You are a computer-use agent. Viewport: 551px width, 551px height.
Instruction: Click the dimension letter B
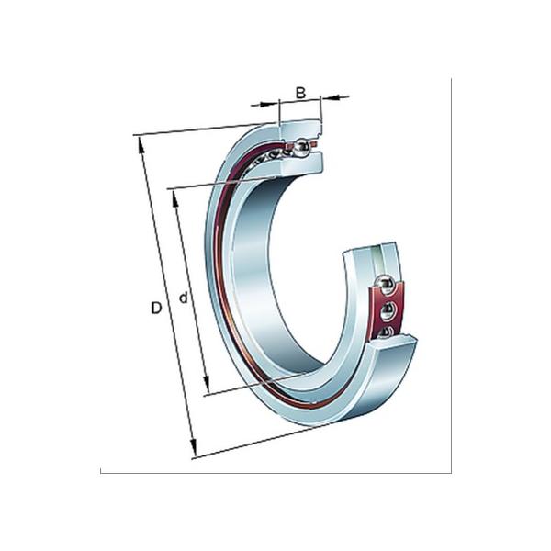pos(300,93)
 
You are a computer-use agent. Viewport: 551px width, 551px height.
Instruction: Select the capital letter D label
pos(156,309)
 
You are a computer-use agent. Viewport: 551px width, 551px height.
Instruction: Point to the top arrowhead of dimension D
pos(140,142)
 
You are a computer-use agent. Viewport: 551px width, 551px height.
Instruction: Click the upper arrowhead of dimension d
pos(174,195)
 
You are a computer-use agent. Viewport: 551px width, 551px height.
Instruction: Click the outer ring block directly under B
pos(300,128)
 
